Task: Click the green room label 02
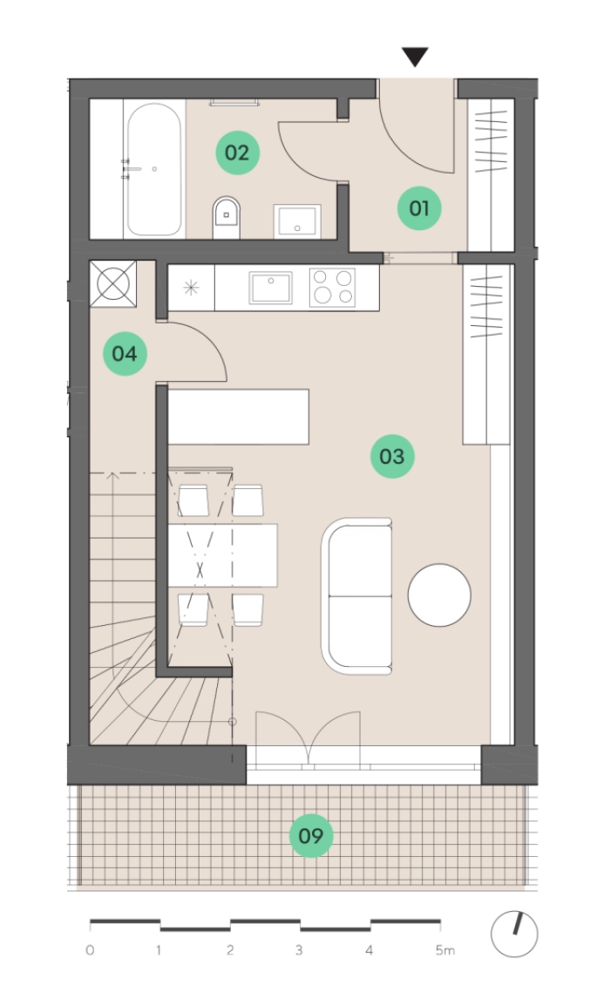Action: click(237, 153)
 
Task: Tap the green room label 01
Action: click(419, 207)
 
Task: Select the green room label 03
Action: click(392, 456)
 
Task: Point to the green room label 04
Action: click(125, 354)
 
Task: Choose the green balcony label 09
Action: click(311, 836)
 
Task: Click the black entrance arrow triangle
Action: click(415, 57)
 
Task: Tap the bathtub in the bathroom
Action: click(154, 169)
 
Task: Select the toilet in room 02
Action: click(226, 217)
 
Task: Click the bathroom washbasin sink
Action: click(297, 221)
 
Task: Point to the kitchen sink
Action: click(271, 288)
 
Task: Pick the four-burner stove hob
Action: click(332, 287)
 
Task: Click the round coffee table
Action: click(439, 595)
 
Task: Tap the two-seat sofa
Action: click(356, 596)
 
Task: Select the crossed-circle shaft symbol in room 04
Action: click(113, 283)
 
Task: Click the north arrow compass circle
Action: click(514, 935)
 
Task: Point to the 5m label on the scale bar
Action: click(445, 950)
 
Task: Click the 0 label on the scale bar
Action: click(90, 950)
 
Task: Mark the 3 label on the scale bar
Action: click(299, 950)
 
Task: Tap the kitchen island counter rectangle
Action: click(239, 417)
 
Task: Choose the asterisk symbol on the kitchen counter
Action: click(191, 288)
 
